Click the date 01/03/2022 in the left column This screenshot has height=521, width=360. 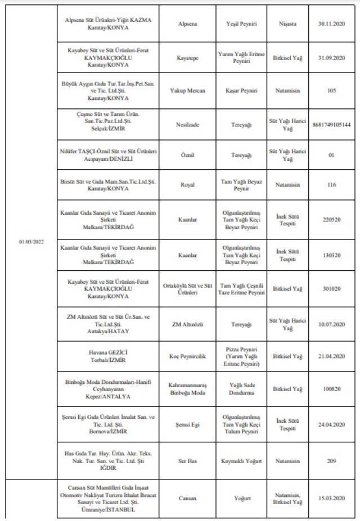(x=31, y=242)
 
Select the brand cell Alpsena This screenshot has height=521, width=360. (x=187, y=24)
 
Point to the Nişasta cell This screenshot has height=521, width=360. (x=287, y=24)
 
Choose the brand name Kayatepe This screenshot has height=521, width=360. (x=187, y=57)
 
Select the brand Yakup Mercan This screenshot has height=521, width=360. (x=187, y=90)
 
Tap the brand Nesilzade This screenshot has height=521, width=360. (x=187, y=124)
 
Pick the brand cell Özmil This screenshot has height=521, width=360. (x=187, y=155)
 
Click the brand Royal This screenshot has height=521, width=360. (x=187, y=184)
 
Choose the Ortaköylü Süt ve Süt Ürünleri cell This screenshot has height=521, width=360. (x=187, y=289)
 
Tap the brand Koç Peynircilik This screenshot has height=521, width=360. (x=187, y=356)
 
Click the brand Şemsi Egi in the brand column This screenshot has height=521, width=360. (x=187, y=425)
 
